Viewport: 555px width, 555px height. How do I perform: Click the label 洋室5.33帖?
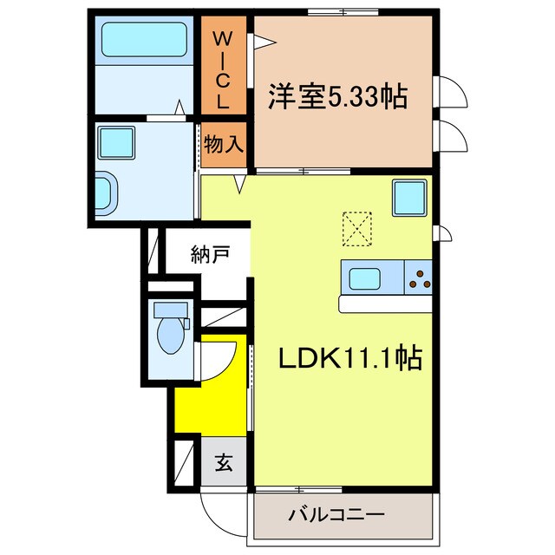point(339,96)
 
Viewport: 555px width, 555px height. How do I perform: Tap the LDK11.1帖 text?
point(349,356)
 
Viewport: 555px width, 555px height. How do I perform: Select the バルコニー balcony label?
point(336,514)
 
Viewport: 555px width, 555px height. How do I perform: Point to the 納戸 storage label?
point(210,255)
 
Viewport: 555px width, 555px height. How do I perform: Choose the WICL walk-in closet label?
point(223,69)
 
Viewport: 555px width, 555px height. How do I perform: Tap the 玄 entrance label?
point(224,463)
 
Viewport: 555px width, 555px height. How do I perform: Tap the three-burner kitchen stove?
point(418,279)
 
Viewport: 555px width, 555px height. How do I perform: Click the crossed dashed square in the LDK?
point(356,229)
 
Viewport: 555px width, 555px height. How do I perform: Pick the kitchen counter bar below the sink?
point(386,304)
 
